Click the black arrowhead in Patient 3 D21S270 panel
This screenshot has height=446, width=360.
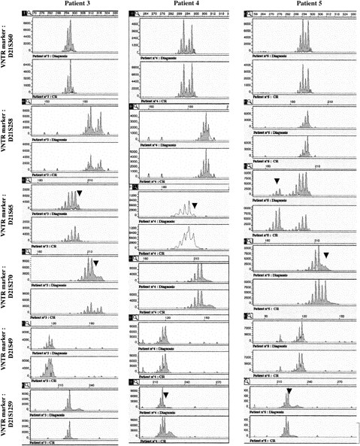pyautogui.click(x=95, y=263)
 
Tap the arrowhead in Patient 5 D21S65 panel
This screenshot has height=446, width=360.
pyautogui.click(x=277, y=181)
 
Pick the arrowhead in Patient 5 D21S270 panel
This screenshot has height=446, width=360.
pyautogui.click(x=325, y=256)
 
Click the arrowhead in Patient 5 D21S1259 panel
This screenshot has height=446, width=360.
pyautogui.click(x=289, y=389)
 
